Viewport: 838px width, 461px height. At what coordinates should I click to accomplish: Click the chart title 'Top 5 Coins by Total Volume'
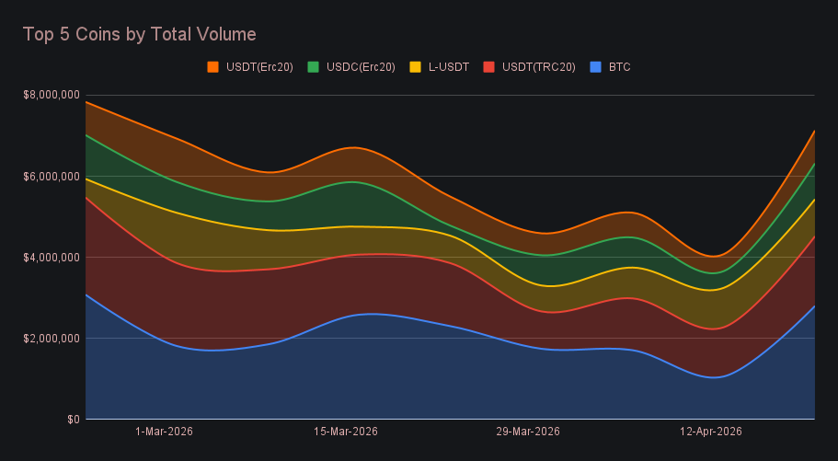click(x=139, y=35)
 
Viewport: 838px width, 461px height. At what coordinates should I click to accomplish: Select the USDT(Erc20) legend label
click(x=259, y=67)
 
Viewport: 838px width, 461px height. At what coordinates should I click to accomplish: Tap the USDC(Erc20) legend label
click(x=361, y=67)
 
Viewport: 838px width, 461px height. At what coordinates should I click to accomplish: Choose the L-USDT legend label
click(x=449, y=67)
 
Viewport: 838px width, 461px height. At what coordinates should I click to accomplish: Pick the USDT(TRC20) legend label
click(x=539, y=67)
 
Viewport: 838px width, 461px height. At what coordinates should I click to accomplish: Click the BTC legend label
click(x=619, y=67)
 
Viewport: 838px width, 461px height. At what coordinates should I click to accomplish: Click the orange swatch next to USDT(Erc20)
click(x=213, y=67)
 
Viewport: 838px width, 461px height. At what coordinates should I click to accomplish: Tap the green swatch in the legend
click(x=314, y=67)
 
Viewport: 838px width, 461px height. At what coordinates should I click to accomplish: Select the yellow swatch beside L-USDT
click(x=415, y=67)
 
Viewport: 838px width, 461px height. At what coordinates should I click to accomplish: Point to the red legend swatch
click(x=489, y=67)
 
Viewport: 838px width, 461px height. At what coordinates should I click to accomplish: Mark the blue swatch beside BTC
click(x=595, y=67)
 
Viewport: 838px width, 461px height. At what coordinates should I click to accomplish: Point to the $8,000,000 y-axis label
click(x=51, y=95)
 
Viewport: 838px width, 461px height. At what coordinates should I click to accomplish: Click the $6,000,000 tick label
click(x=51, y=176)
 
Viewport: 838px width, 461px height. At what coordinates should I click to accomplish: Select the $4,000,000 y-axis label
click(x=51, y=257)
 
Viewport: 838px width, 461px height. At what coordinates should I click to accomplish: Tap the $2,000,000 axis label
click(x=51, y=338)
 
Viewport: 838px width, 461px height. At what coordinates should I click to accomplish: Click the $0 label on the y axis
click(x=71, y=419)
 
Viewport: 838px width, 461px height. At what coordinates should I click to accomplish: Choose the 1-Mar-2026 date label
click(x=164, y=432)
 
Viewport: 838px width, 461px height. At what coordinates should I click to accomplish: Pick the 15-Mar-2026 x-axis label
click(x=346, y=432)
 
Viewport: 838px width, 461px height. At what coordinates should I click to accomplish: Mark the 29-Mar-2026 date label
click(x=528, y=432)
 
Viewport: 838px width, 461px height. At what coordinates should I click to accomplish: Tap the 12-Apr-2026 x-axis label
click(x=710, y=432)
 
